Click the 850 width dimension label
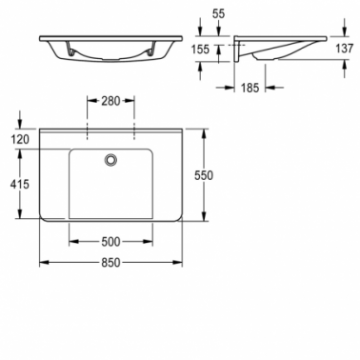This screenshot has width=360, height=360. pos(110,263)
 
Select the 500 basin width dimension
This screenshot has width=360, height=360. pos(110,242)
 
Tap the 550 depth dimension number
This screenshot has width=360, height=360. pos(204,175)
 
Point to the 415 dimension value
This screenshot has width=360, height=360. pos(20,184)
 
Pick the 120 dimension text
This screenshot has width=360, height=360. pos(20,139)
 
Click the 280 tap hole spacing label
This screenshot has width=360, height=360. pos(110,101)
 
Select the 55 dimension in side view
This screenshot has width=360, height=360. pos(218,13)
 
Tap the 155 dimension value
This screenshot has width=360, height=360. pos(200,50)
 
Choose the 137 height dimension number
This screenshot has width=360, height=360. pos(344,49)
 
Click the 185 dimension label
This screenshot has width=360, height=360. pos(250,88)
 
